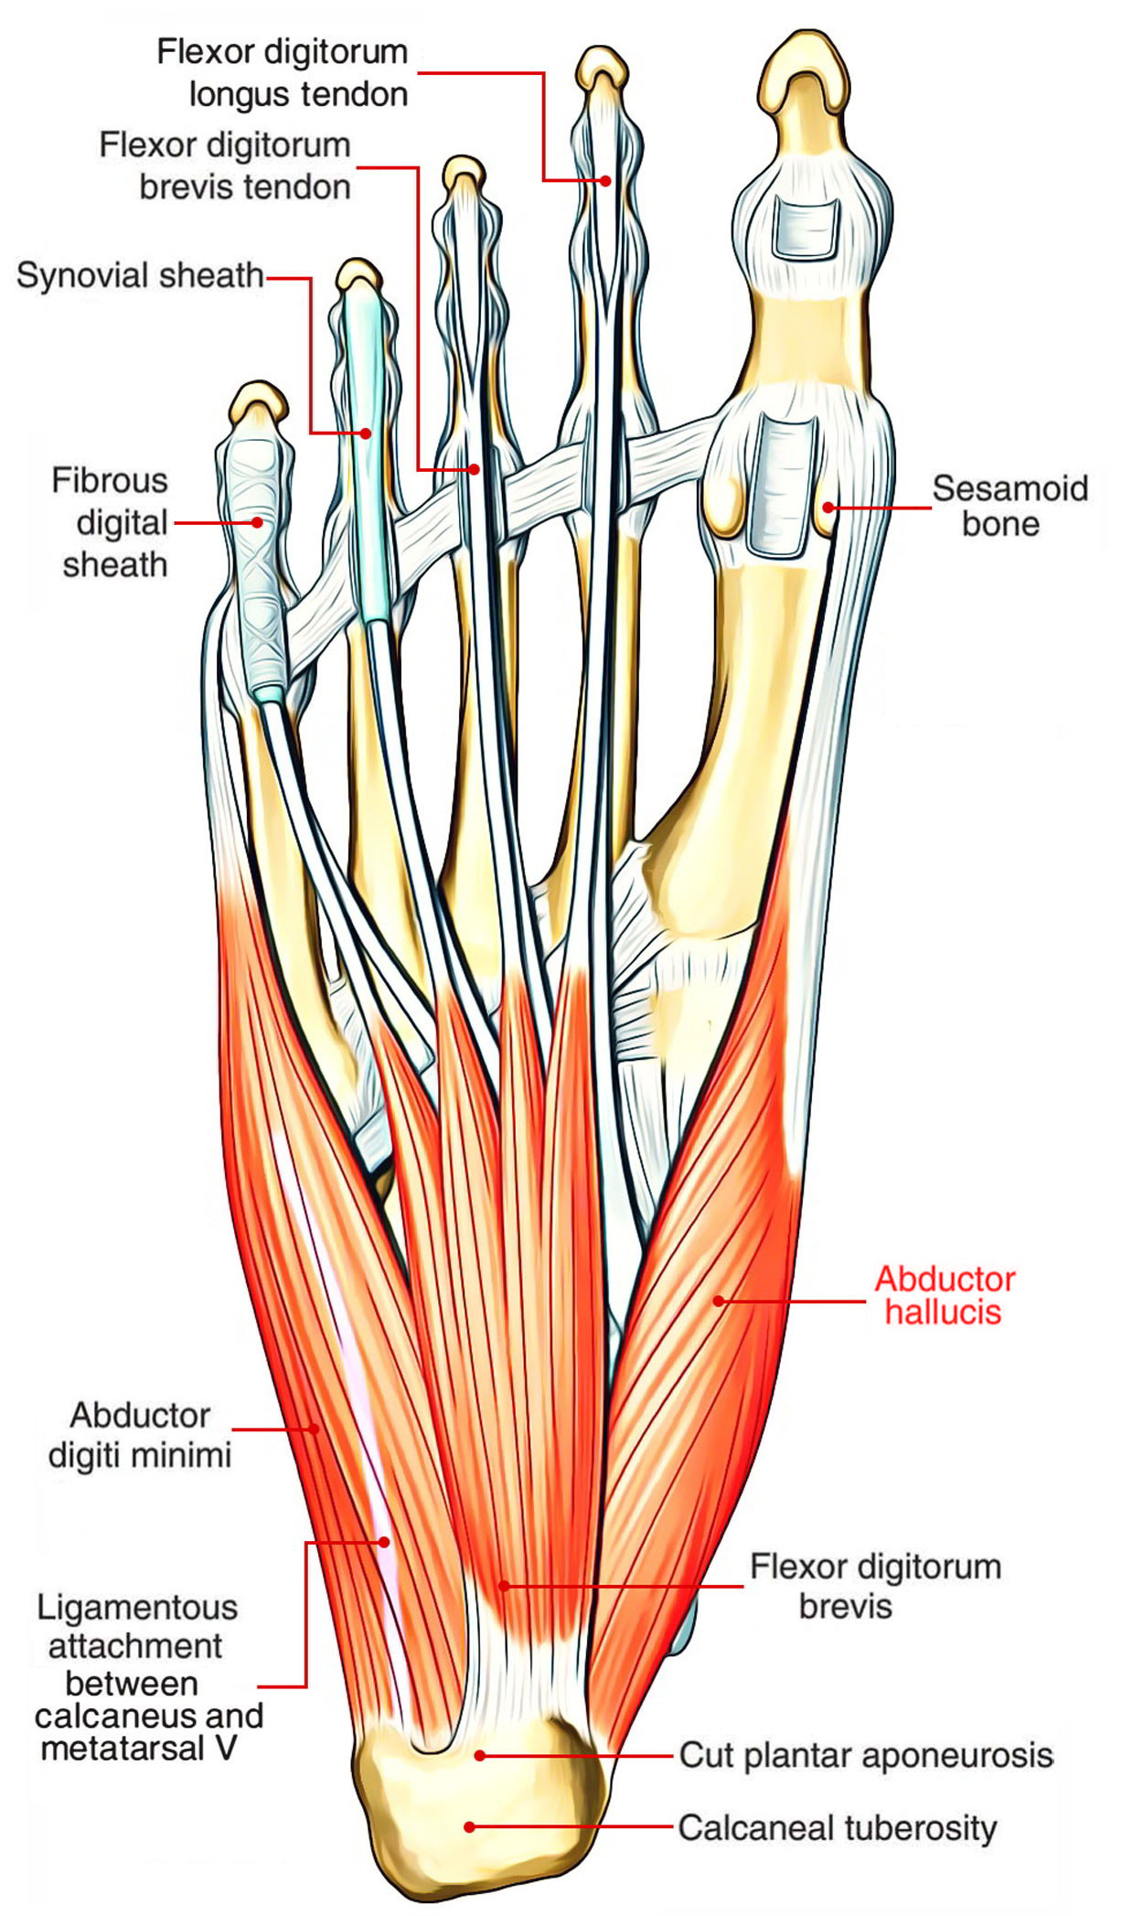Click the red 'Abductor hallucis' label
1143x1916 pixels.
[945, 1295]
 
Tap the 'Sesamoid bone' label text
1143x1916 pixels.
[1009, 506]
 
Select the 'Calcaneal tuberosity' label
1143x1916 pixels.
[837, 1828]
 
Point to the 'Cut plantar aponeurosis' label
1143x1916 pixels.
[865, 1756]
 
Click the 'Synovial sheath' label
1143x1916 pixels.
[140, 275]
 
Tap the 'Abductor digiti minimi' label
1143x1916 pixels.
[140, 1434]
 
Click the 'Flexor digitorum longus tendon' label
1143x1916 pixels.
[283, 73]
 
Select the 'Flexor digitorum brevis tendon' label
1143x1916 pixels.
[225, 166]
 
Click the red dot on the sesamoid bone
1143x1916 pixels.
[827, 507]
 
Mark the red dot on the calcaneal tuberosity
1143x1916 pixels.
[469, 1826]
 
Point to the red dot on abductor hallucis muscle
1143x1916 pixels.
[719, 1300]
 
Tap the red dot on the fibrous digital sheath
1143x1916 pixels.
[258, 522]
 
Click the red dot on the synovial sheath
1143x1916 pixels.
[366, 433]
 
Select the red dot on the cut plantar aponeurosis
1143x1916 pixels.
[479, 1755]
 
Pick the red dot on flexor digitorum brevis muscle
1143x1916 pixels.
[502, 1585]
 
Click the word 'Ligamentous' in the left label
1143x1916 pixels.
[137, 1607]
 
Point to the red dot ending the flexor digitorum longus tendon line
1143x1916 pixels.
[605, 180]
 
